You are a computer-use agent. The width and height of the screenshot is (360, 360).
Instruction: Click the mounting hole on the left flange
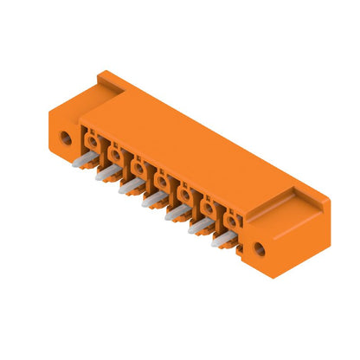click(x=63, y=136)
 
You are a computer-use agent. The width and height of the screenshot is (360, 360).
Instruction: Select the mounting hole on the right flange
click(x=259, y=251)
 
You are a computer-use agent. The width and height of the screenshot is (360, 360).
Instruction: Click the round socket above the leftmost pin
click(x=93, y=140)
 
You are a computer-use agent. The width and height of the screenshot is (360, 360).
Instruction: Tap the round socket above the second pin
click(x=115, y=153)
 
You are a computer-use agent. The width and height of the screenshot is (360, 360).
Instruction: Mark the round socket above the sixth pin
click(x=209, y=207)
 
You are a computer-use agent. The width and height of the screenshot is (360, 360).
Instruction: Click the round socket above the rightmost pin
click(x=232, y=220)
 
